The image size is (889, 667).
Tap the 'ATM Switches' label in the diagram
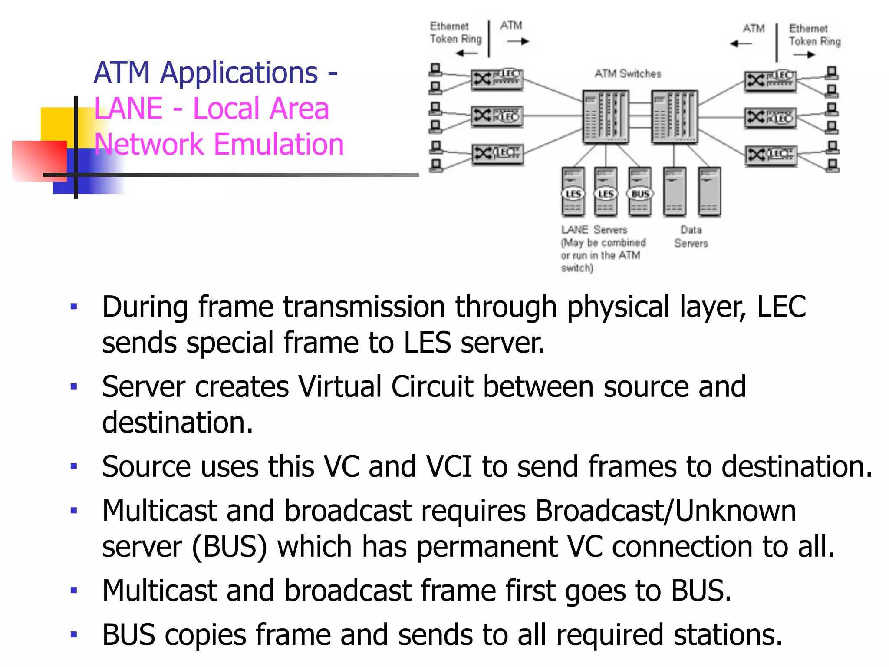click(x=628, y=74)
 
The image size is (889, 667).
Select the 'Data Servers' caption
click(x=691, y=236)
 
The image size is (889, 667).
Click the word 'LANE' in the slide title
click(x=128, y=108)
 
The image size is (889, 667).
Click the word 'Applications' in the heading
click(x=239, y=73)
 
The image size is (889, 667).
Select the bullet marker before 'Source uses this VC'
click(x=74, y=467)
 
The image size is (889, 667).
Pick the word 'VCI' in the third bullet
click(x=449, y=467)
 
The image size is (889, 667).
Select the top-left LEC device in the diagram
click(x=497, y=79)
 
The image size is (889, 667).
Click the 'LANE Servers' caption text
click(x=594, y=230)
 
